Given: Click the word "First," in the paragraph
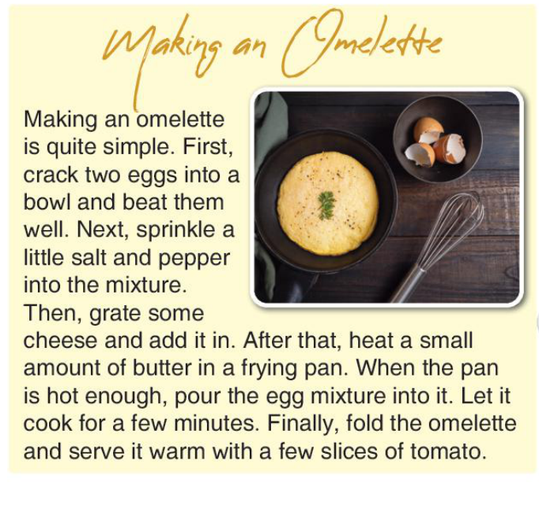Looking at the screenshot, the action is point(208,148).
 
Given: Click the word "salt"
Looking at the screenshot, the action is point(89,257).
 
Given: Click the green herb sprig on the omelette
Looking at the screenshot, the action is point(326,205).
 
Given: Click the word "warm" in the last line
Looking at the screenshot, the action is point(177,451).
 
